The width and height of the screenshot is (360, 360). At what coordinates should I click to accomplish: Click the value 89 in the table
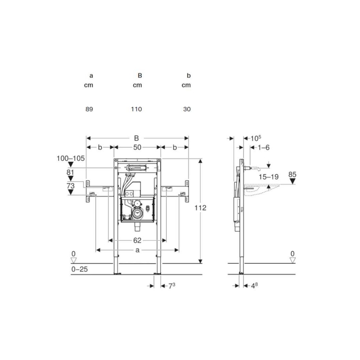click(89, 109)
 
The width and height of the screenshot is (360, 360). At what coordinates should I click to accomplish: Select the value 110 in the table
click(136, 109)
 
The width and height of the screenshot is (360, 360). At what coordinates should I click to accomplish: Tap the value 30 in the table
click(187, 109)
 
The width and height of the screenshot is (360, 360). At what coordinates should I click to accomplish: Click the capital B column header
click(140, 75)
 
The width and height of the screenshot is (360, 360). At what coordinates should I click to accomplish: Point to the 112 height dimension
click(200, 208)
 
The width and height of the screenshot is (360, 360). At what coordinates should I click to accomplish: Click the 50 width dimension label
click(137, 147)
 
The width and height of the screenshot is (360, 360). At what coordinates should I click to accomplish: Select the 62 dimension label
click(137, 240)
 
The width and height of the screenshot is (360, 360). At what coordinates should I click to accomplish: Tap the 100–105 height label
click(71, 159)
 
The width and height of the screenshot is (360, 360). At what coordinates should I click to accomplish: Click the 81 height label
click(71, 172)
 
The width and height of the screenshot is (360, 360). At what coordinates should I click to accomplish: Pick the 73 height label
click(71, 185)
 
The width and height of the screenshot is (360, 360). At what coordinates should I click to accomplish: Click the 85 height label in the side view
click(292, 174)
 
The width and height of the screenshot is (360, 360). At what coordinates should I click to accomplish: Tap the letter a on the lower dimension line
click(137, 250)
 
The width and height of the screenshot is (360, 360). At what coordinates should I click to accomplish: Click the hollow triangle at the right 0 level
click(292, 260)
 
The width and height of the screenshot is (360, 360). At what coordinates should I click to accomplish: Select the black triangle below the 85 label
click(292, 181)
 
